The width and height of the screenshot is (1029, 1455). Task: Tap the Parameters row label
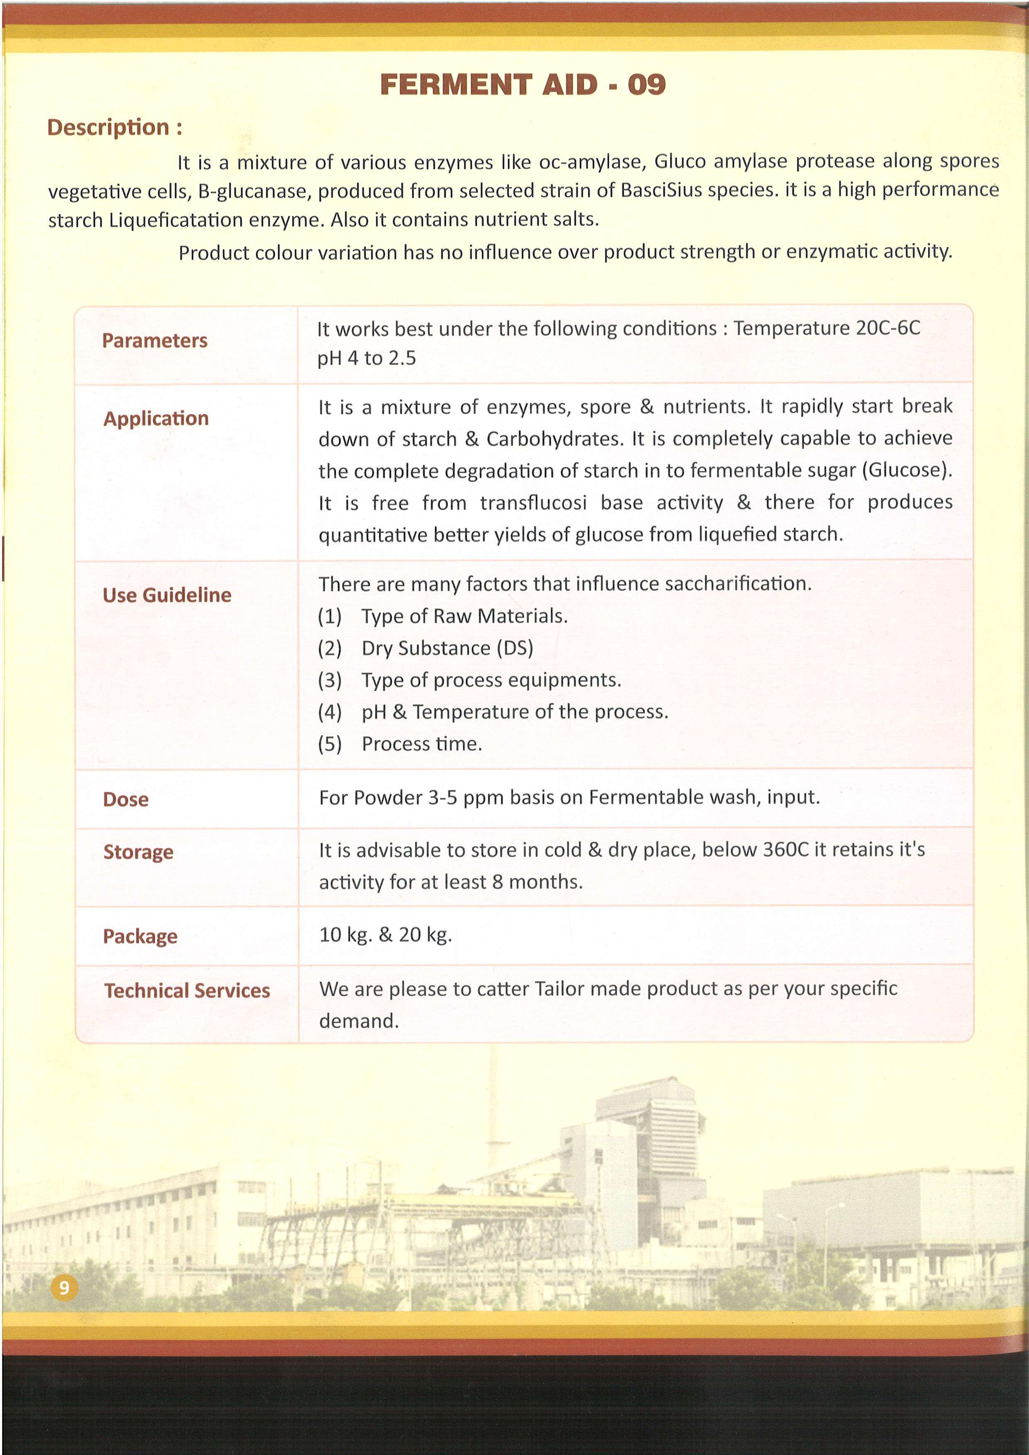155,341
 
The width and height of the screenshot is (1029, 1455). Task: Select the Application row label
156,419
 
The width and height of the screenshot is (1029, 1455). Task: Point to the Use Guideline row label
167,595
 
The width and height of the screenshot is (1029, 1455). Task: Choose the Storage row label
138,852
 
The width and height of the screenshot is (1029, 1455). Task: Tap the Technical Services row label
187,990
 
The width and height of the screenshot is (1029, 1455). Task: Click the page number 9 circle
64,1288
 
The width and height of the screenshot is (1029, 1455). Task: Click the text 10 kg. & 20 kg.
385,935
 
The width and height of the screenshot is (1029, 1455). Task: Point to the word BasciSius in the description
663,190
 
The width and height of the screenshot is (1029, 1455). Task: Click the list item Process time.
422,744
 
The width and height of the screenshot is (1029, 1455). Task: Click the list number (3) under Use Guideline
329,680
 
